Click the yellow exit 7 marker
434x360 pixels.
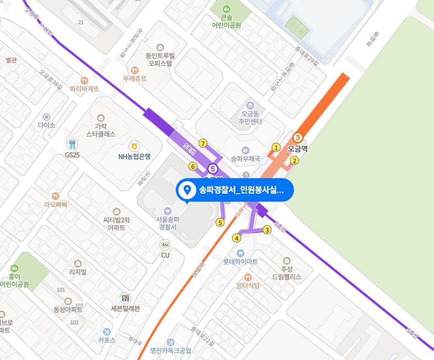(x=202, y=143)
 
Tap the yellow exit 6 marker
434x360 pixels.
(x=193, y=166)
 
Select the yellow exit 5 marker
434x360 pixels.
(x=220, y=223)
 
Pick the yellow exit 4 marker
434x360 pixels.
(x=237, y=238)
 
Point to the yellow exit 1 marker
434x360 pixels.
(x=276, y=147)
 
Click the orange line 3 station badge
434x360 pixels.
(x=297, y=137)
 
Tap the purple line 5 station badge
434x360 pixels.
(x=212, y=168)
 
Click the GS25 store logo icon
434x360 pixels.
(x=72, y=144)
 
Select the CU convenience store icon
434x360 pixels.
(x=165, y=245)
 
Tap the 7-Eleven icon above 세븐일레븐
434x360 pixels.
(x=126, y=298)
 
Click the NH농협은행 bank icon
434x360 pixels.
(x=134, y=146)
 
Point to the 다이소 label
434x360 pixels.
(x=47, y=125)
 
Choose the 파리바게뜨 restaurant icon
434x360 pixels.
(x=84, y=80)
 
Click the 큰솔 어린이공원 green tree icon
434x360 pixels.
(x=226, y=9)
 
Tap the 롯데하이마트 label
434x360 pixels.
(x=240, y=262)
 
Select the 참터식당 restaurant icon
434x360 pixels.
(x=248, y=277)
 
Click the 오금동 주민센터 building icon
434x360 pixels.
(x=250, y=106)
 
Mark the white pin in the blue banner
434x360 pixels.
(x=188, y=190)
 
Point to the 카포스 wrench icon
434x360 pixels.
(x=107, y=332)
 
